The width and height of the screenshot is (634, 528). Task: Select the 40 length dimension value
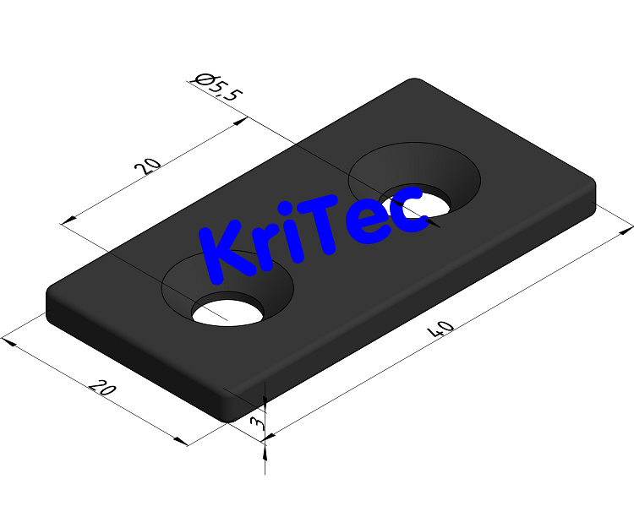click(442, 328)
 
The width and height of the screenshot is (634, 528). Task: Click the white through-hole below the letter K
click(227, 311)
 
